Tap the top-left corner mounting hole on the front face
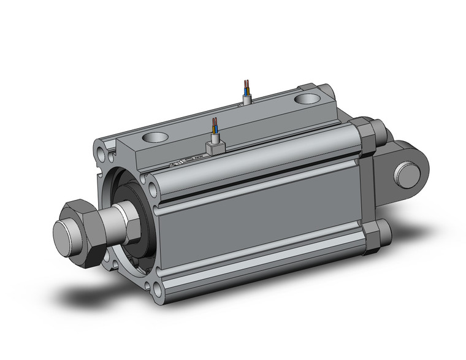click(x=99, y=148)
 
